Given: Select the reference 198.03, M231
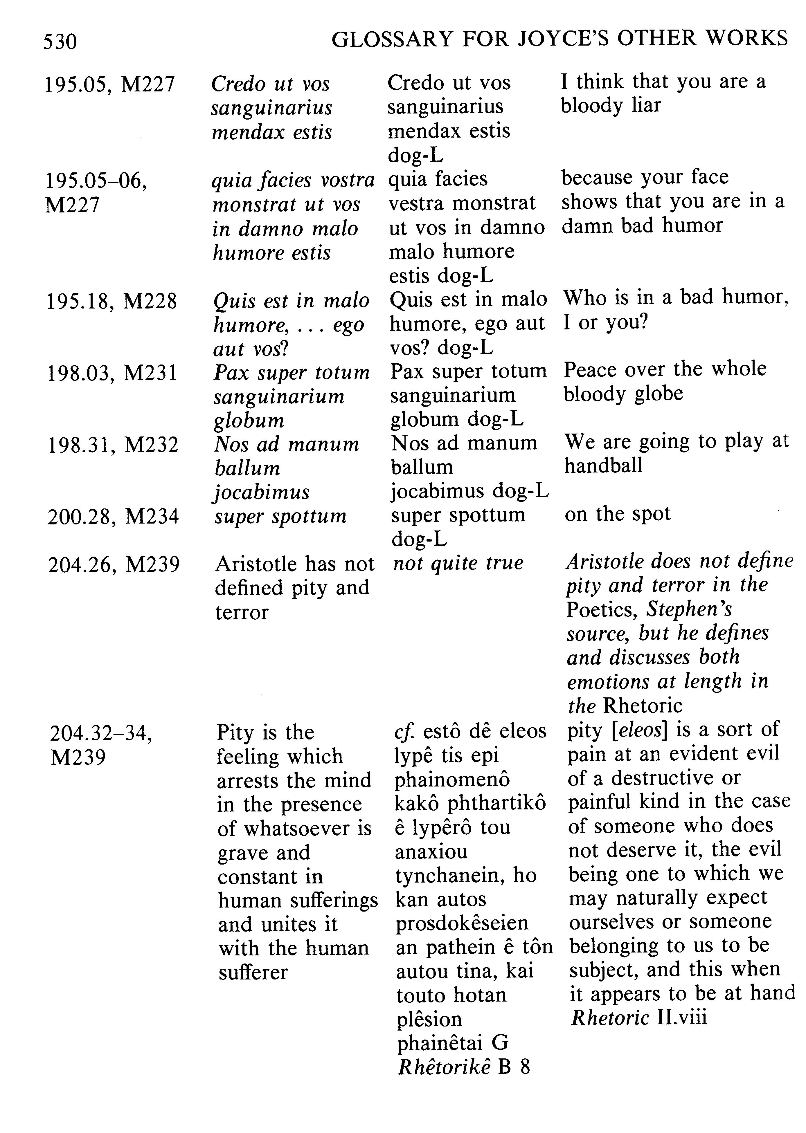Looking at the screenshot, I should point(112,373).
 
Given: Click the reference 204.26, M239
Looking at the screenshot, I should point(114,564).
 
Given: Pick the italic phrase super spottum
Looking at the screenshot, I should point(280,516).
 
